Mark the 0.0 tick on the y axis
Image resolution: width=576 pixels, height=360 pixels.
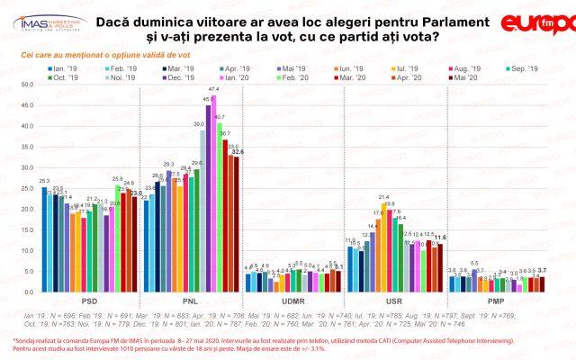(26, 292)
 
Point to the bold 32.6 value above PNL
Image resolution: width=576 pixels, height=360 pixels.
(238, 152)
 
